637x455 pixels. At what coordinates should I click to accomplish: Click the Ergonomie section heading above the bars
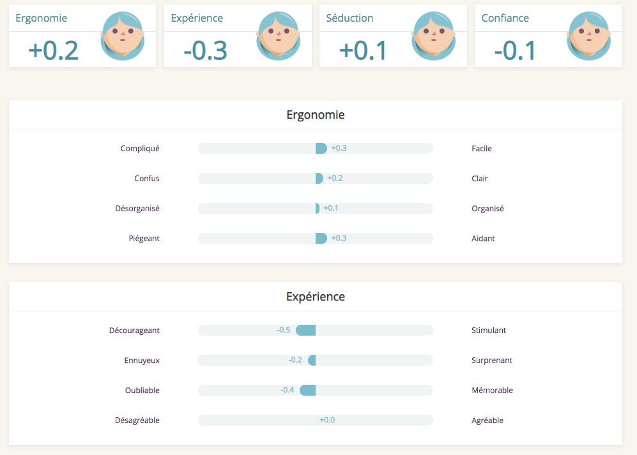coord(315,116)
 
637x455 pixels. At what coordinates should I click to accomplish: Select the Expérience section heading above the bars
coord(315,297)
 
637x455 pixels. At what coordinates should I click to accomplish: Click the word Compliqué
coord(140,149)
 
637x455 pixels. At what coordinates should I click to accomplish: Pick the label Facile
coord(482,149)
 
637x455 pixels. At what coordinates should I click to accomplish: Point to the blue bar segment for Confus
coord(319,179)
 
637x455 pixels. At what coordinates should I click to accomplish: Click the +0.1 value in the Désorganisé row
coord(331,208)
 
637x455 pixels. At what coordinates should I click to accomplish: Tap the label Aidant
coord(483,239)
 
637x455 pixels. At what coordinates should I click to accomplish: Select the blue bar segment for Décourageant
coord(306,330)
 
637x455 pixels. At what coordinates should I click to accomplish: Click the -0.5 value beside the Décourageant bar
coord(284,330)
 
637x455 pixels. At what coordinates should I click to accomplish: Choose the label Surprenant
coord(491,361)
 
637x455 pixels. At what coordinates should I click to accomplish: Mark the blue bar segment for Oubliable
coord(308,390)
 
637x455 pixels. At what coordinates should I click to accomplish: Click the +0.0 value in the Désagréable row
coord(327,420)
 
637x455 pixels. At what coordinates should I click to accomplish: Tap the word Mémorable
coord(492,391)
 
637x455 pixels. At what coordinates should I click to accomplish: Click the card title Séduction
coord(349,18)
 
